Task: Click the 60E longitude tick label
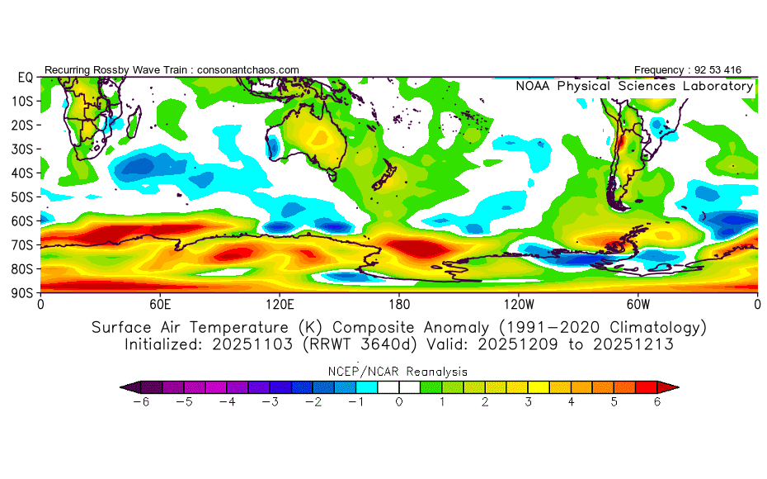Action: click(160, 305)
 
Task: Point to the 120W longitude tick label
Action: click(519, 305)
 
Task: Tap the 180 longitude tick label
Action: click(399, 305)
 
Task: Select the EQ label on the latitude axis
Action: click(26, 78)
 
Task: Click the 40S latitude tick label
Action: click(22, 173)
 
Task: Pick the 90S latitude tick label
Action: click(22, 293)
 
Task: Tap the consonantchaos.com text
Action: click(248, 70)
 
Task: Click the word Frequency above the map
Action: click(659, 70)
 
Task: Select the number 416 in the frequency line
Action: click(732, 70)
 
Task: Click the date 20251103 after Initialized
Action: click(252, 344)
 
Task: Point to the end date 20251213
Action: click(633, 344)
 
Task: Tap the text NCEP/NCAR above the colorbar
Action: click(365, 372)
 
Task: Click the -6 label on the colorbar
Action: click(141, 402)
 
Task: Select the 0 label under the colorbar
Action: click(399, 402)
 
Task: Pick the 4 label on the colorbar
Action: click(571, 402)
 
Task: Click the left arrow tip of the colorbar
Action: click(120, 387)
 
